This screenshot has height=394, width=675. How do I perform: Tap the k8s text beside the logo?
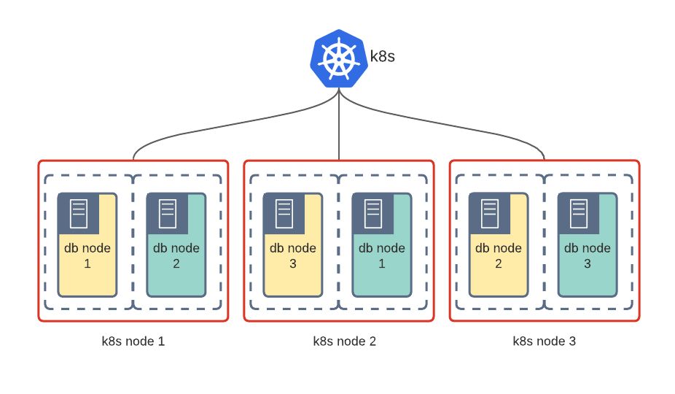point(382,56)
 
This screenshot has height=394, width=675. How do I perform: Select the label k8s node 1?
point(133,341)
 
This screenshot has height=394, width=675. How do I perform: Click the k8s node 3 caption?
point(545,341)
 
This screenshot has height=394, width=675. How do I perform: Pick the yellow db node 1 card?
point(87,255)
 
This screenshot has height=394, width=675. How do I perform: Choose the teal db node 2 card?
point(176,255)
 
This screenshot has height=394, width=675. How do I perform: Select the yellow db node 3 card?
point(293,255)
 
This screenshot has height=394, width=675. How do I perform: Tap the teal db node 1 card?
point(382,255)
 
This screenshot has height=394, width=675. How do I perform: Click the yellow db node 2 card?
point(499,255)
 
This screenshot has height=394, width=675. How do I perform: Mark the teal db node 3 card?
point(588,255)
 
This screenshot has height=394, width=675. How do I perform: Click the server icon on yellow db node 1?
point(79,213)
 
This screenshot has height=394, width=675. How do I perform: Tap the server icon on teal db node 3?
point(579,213)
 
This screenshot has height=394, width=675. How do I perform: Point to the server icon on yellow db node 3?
point(284,213)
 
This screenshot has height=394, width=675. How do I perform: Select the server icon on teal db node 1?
point(373,213)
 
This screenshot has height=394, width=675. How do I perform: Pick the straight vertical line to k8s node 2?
point(339,131)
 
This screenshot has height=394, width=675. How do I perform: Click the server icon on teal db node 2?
point(168,213)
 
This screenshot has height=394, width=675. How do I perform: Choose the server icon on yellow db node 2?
point(490,213)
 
